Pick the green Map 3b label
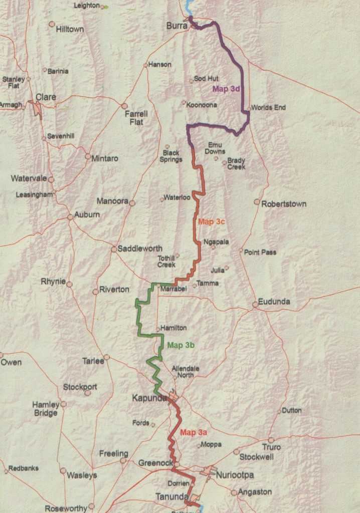181,345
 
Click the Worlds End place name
268,107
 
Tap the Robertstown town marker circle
257,202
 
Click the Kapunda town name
149,398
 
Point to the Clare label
46,97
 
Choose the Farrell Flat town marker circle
124,106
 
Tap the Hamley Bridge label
45,408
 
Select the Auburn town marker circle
70,217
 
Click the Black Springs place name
171,156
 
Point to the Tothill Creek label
166,261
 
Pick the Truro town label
271,447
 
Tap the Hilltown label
70,29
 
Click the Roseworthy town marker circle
91,506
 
